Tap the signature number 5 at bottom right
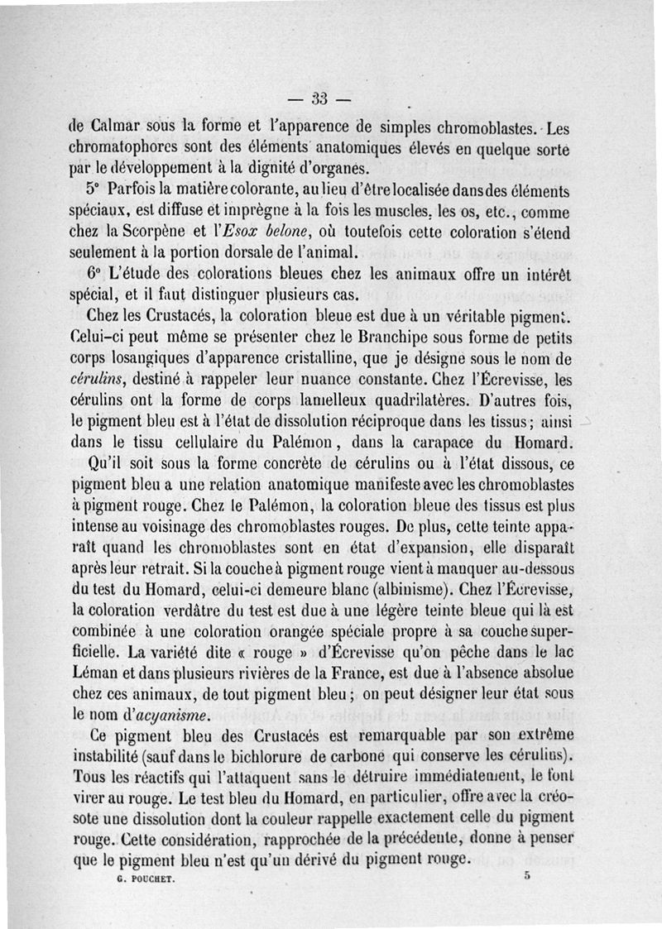pyautogui.click(x=526, y=876)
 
